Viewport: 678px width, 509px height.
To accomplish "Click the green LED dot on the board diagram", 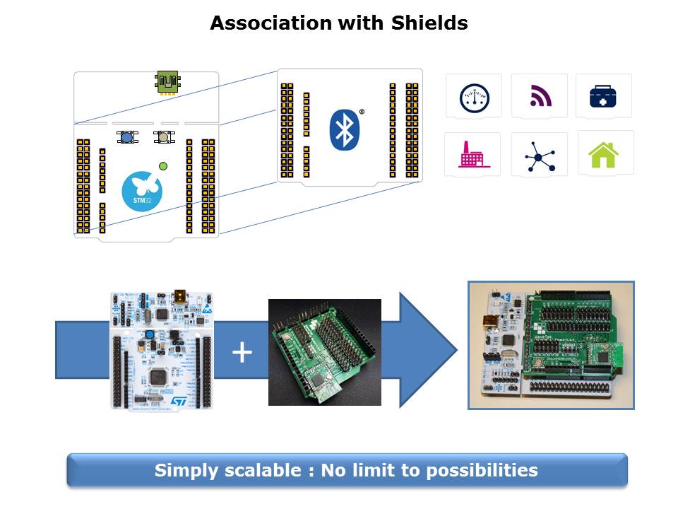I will click(x=164, y=166).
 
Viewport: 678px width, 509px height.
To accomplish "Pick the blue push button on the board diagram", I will click(x=127, y=137).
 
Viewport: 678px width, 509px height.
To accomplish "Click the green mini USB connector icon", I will click(x=167, y=82).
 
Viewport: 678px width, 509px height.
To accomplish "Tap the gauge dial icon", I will click(x=474, y=96).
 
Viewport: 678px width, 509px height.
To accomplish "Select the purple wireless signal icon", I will click(x=540, y=95).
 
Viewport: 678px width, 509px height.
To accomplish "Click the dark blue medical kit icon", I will click(x=604, y=96).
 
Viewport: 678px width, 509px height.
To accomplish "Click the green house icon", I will click(x=604, y=154).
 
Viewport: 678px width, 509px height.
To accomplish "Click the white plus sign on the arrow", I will click(x=242, y=351).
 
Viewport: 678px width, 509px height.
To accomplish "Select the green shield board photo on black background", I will click(x=325, y=352).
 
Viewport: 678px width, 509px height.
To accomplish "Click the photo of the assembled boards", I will click(x=551, y=345).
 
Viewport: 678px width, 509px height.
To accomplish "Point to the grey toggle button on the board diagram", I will click(x=164, y=137).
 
